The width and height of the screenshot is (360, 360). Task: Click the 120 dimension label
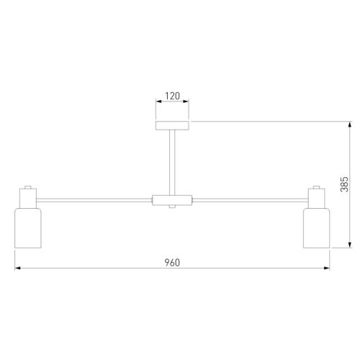(x=172, y=96)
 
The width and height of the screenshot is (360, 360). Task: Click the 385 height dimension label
(x=344, y=184)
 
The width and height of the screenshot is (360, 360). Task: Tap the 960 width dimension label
(x=172, y=263)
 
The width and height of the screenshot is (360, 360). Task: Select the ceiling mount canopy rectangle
(x=172, y=125)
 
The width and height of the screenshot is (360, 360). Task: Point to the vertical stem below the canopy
(x=172, y=163)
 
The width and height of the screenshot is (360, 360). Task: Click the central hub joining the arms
(x=172, y=200)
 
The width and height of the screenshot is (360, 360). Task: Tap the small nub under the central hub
(x=172, y=207)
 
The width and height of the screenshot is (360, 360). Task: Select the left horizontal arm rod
(x=94, y=200)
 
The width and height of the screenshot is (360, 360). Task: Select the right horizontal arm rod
(x=251, y=200)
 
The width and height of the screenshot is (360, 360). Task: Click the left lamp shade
(x=28, y=228)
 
